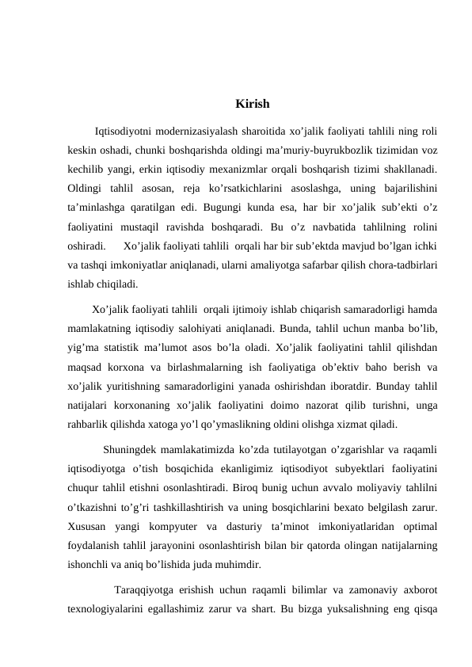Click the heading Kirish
click(x=253, y=104)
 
